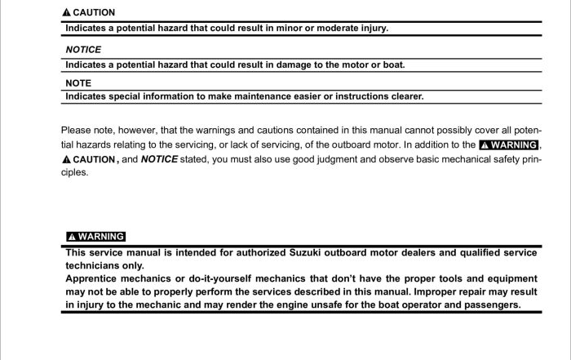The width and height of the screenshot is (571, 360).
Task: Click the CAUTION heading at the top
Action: pyautogui.click(x=94, y=13)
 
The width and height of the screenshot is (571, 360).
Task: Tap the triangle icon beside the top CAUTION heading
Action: pyautogui.click(x=67, y=13)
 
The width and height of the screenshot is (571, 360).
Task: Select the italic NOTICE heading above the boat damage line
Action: pyautogui.click(x=83, y=49)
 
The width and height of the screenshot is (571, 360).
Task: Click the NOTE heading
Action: pyautogui.click(x=78, y=83)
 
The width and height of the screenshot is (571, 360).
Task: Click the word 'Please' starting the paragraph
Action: pyautogui.click(x=76, y=130)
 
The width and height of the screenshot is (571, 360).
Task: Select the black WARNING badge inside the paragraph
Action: pyautogui.click(x=508, y=145)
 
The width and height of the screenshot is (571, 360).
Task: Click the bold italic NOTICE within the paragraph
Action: pyautogui.click(x=159, y=159)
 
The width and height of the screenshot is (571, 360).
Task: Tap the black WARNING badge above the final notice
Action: pyautogui.click(x=95, y=237)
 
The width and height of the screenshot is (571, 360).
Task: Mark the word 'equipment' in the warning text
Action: pyautogui.click(x=509, y=278)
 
